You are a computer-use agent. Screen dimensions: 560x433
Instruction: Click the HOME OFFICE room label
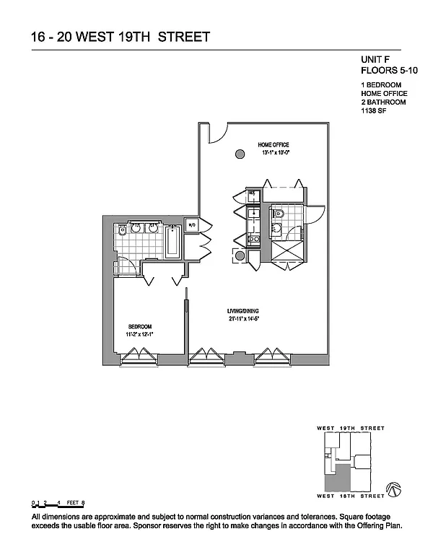(x=274, y=145)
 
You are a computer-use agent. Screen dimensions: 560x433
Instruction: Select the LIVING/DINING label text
(x=243, y=311)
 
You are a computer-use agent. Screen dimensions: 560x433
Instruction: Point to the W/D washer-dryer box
(x=192, y=226)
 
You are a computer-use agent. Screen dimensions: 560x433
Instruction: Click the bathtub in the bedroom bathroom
(x=173, y=242)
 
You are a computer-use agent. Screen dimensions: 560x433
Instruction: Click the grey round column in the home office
(x=239, y=154)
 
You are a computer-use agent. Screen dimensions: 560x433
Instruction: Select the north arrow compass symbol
(x=395, y=489)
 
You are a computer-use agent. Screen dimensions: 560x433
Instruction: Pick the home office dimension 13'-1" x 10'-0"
(x=274, y=153)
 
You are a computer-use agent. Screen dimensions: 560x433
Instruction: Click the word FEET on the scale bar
(x=71, y=502)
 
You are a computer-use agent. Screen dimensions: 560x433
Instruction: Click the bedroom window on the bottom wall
(x=139, y=355)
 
